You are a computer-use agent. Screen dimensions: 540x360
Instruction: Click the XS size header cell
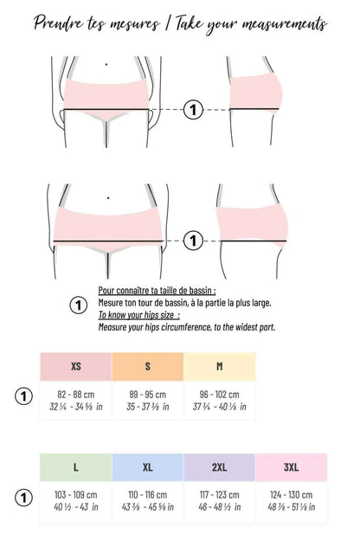76,367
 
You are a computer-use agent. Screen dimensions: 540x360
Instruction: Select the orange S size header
148,367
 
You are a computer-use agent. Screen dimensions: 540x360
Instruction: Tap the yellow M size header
220,367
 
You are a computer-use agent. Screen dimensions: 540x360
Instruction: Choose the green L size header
75,467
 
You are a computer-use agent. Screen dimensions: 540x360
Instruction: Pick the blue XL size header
148,467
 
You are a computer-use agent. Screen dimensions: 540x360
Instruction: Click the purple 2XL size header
220,467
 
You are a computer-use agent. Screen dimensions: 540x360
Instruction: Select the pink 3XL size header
292,467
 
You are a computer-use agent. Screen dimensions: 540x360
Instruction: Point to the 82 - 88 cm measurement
76,394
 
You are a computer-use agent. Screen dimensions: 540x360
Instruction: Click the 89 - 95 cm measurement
148,394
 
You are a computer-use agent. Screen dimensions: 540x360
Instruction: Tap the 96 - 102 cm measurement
220,394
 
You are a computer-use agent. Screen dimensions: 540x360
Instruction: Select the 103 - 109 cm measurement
75,494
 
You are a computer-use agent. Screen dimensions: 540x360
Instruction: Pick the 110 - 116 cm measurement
148,494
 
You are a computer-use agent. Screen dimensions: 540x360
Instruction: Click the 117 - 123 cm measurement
220,494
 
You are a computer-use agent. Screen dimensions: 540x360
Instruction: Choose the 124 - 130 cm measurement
292,494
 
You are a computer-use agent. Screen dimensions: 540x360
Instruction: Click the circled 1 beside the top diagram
194,110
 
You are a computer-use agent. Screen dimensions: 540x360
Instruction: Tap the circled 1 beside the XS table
24,396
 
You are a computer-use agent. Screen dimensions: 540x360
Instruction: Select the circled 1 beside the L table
24,498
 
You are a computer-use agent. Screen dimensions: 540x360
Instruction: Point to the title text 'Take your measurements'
251,24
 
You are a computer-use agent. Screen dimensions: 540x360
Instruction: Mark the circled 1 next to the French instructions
78,305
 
